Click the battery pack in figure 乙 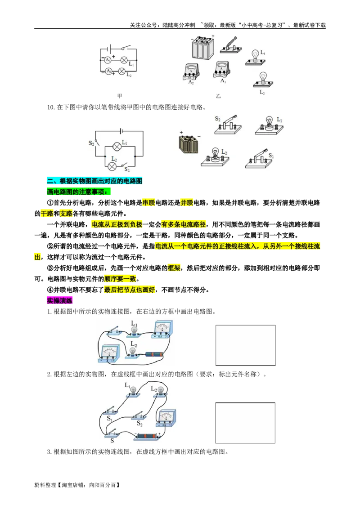pos(202,47)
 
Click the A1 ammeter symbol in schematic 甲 pos(108,60)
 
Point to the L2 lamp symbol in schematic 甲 pos(121,71)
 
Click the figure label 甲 pos(120,96)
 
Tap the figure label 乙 pos(218,96)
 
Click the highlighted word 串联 pos(148,203)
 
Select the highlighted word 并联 pos(187,203)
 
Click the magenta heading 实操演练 pos(59,300)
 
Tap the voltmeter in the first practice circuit pos(109,353)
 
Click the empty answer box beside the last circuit pos(245,423)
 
